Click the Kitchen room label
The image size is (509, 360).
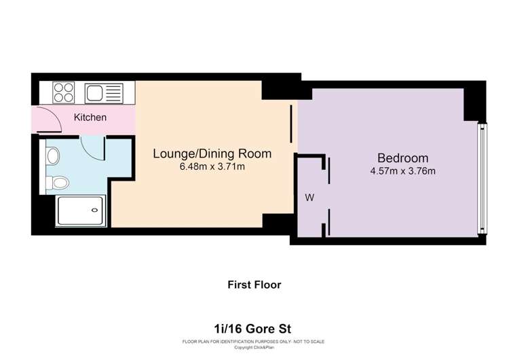click(x=90, y=118)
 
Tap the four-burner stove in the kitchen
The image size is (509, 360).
click(x=64, y=92)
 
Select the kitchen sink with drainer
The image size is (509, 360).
click(x=104, y=93)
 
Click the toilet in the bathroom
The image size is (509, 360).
click(x=58, y=183)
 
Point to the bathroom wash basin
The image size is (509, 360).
click(x=52, y=156)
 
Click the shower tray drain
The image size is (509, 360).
click(x=94, y=210)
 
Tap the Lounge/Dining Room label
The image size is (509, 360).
click(x=212, y=154)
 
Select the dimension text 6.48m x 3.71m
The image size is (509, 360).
click(x=212, y=166)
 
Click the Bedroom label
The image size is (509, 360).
click(x=403, y=158)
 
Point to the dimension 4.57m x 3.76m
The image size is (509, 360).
click(x=403, y=171)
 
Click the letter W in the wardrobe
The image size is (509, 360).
click(x=309, y=198)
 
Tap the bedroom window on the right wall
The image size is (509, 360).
click(x=483, y=179)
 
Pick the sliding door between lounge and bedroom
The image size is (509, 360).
click(x=291, y=124)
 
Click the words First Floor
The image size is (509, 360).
click(x=254, y=285)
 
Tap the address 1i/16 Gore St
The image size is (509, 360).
click(x=252, y=329)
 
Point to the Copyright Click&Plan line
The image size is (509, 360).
click(x=254, y=347)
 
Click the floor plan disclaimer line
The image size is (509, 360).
click(x=254, y=342)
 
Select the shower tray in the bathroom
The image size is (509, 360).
click(x=81, y=211)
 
